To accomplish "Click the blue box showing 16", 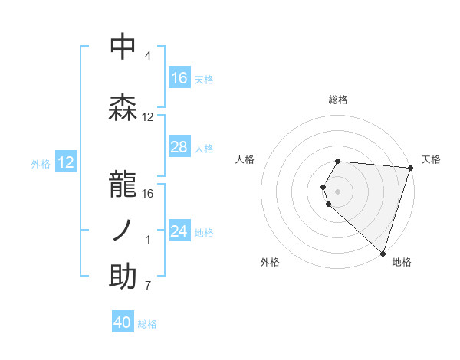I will pyautogui.click(x=179, y=78).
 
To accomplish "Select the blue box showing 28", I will pyautogui.click(x=179, y=147).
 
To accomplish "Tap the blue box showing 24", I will pyautogui.click(x=179, y=231).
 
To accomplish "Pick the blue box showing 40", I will pyautogui.click(x=123, y=322).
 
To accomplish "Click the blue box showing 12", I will pyautogui.click(x=65, y=162).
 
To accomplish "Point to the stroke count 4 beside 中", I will pyautogui.click(x=148, y=56).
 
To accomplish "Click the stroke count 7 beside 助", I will pyautogui.click(x=148, y=286).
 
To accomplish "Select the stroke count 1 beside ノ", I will pyautogui.click(x=148, y=240).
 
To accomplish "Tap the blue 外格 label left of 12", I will pyautogui.click(x=41, y=163).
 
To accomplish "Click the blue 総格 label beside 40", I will pyautogui.click(x=147, y=324).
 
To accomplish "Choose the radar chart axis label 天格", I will pyautogui.click(x=431, y=159).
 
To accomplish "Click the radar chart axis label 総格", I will pyautogui.click(x=338, y=100).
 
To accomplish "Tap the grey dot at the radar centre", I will pyautogui.click(x=338, y=190).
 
